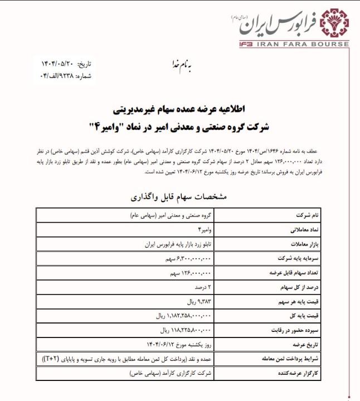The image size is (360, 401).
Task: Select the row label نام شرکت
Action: point(309,214)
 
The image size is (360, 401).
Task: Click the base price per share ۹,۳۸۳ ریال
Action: point(196,302)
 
